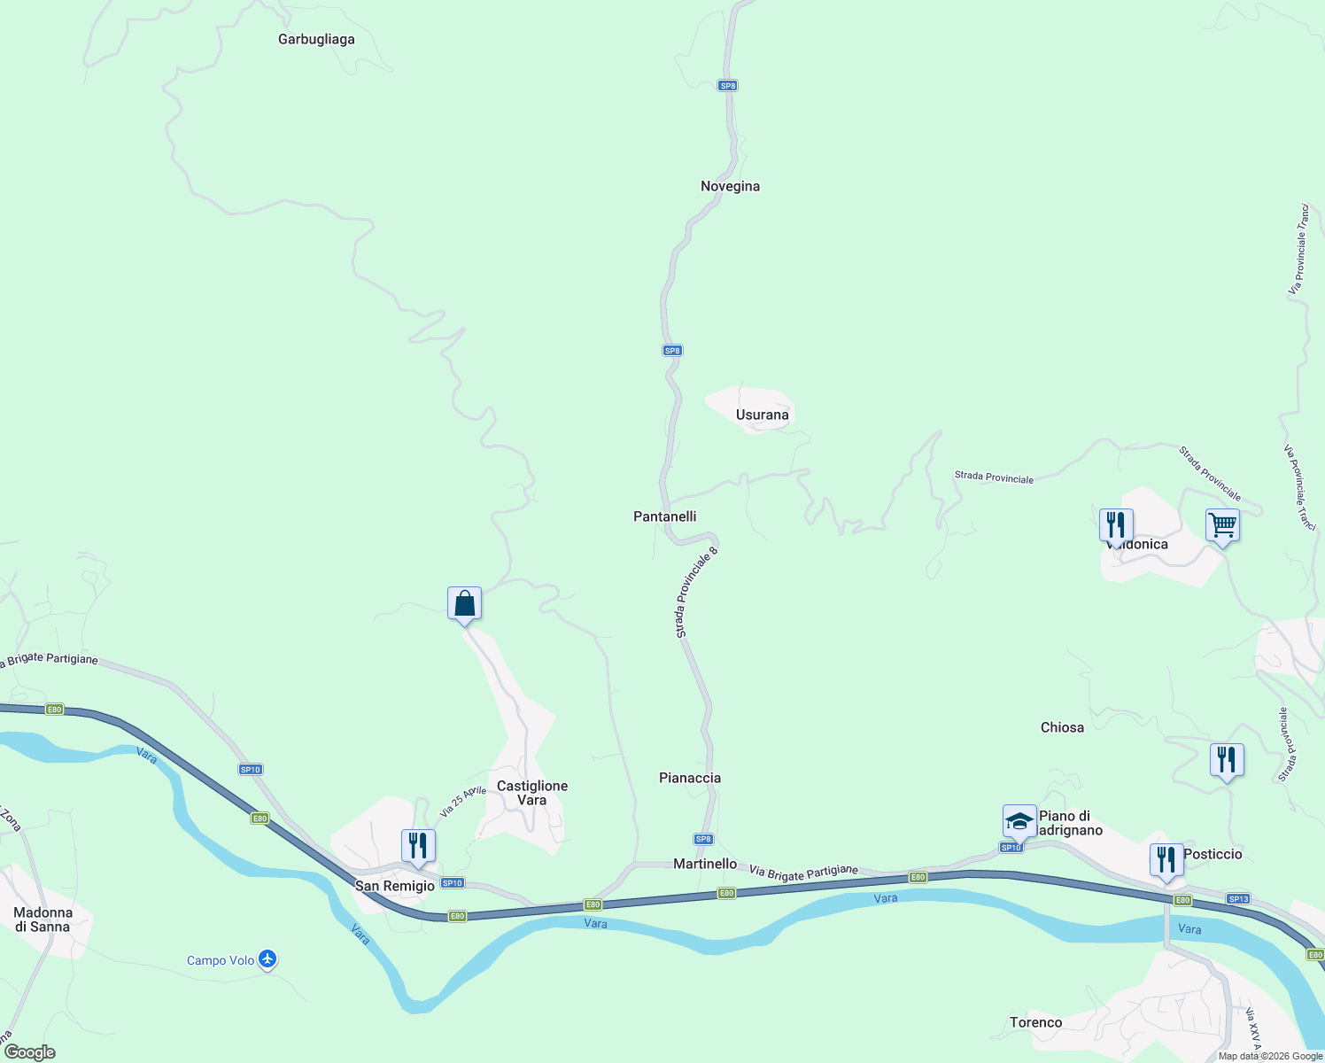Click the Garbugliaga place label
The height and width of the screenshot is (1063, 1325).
coord(316,40)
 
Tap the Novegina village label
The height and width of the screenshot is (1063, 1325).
coord(730,187)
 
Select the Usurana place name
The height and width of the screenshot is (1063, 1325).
coord(762,415)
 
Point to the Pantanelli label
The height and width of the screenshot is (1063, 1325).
coord(664,516)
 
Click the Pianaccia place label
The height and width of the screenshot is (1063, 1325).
coord(690,779)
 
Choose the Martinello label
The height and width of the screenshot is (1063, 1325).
coord(705,864)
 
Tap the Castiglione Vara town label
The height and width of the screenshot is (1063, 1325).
coord(532,793)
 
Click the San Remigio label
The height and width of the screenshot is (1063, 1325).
coord(395,886)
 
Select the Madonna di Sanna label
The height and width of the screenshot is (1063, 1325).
coord(43,919)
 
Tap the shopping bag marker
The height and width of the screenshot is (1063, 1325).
coord(464,604)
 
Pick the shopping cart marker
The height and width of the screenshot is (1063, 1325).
coord(1222,525)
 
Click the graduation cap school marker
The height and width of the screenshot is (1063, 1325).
coord(1019,821)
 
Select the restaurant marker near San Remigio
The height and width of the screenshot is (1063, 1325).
coord(417,846)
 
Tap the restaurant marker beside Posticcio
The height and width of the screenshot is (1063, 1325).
coord(1166,860)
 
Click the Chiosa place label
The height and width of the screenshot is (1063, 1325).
coord(1062,728)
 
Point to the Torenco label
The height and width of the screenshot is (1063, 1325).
coord(1035,1023)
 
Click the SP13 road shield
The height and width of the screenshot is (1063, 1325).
coord(1238,899)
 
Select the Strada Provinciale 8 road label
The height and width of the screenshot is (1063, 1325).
coord(696,593)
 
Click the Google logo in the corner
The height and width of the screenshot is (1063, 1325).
coord(30,1052)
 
